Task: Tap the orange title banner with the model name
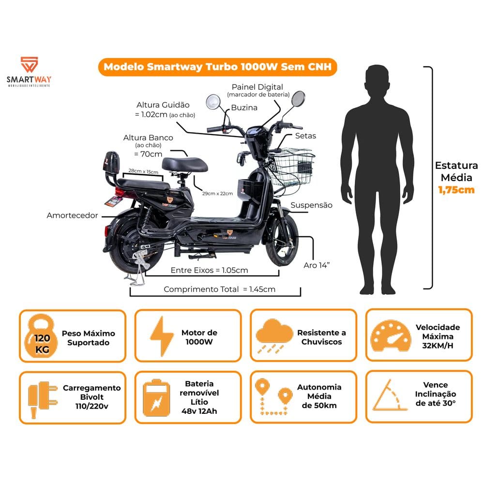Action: pyautogui.click(x=218, y=67)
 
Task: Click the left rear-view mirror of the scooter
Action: pyautogui.click(x=213, y=102)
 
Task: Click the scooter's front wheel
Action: pyautogui.click(x=281, y=241)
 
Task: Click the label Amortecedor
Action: pyautogui.click(x=73, y=215)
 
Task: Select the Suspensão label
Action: pyautogui.click(x=311, y=205)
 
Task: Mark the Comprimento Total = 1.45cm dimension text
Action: pyautogui.click(x=219, y=289)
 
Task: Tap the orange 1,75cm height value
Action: pyautogui.click(x=456, y=190)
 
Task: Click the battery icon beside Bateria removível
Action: pyautogui.click(x=157, y=397)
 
